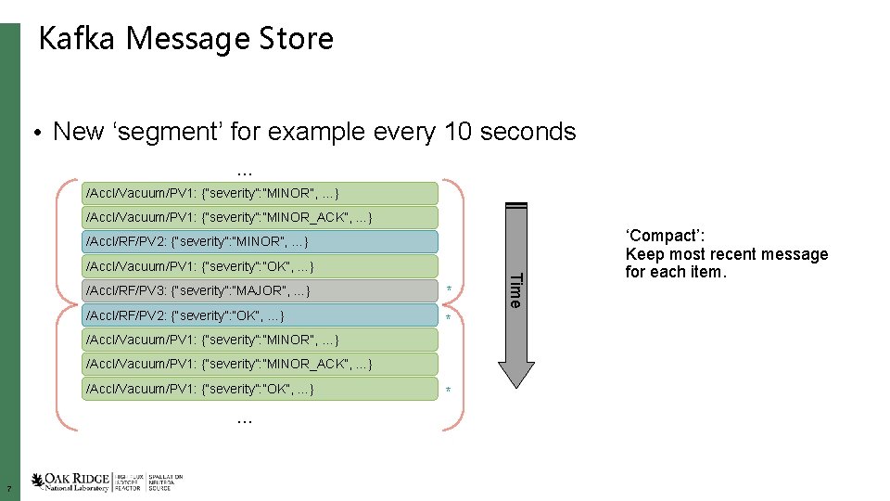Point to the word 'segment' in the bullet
(x=166, y=132)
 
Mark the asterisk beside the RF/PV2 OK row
(x=449, y=318)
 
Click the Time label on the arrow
(x=516, y=289)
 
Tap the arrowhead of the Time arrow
(x=516, y=371)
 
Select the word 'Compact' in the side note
(x=659, y=236)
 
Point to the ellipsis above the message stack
(x=245, y=170)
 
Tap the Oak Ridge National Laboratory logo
(x=107, y=482)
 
